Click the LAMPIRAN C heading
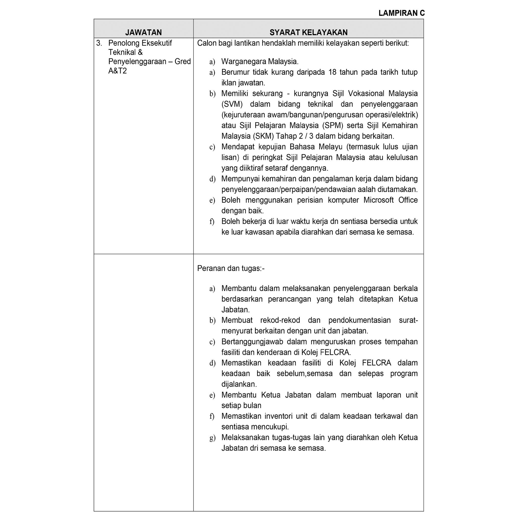pyautogui.click(x=401, y=13)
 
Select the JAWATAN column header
pyautogui.click(x=143, y=32)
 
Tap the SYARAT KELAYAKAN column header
pyautogui.click(x=308, y=32)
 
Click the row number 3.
pyautogui.click(x=99, y=43)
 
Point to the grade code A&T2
pyautogui.click(x=117, y=71)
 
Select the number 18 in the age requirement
pyautogui.click(x=332, y=72)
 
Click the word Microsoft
pyautogui.click(x=378, y=200)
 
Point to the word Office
pyautogui.click(x=408, y=200)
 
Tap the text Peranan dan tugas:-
pyautogui.click(x=231, y=268)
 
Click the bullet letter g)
pyautogui.click(x=212, y=438)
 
